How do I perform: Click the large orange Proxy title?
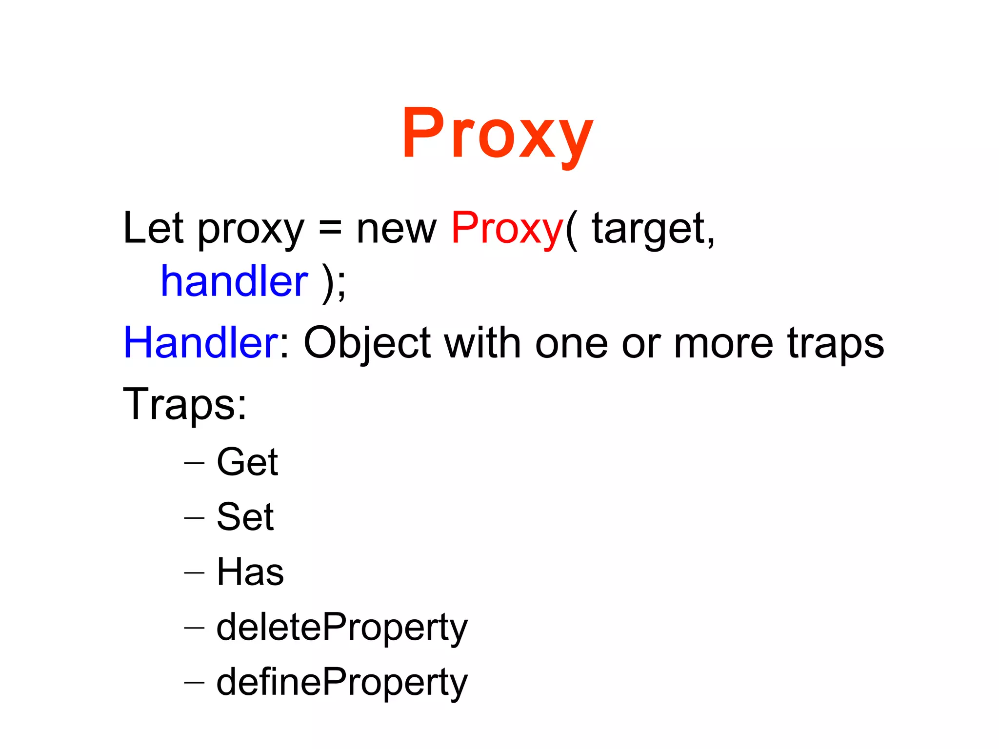498,134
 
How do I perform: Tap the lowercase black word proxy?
251,230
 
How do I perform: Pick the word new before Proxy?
396,229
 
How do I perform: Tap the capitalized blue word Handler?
200,343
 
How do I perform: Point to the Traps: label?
185,404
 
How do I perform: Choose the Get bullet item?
247,462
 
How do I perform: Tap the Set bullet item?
245,517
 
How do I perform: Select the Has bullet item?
250,572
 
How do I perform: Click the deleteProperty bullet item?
341,628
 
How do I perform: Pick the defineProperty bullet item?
341,683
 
